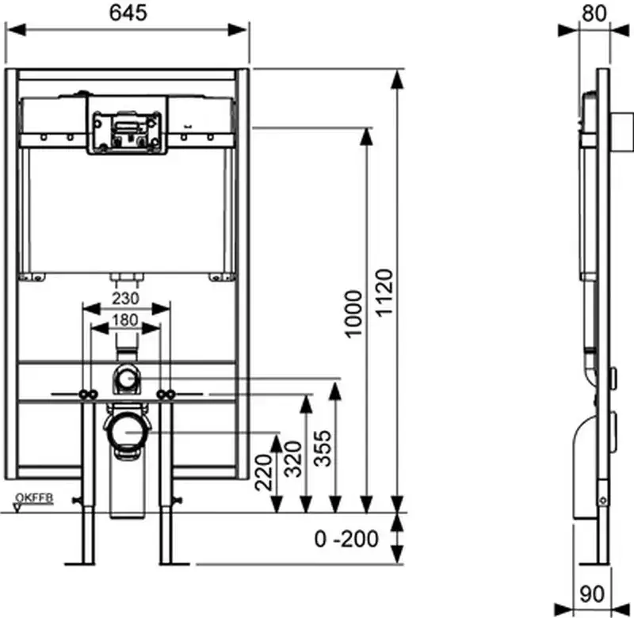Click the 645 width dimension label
click(128, 13)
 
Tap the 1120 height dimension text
click(385, 292)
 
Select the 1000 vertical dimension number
click(353, 314)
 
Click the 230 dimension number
click(126, 298)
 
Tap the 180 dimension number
click(126, 321)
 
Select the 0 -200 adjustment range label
click(347, 539)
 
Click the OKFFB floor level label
click(33, 498)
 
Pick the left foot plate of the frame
click(86, 563)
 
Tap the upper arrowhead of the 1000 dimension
click(365, 136)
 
